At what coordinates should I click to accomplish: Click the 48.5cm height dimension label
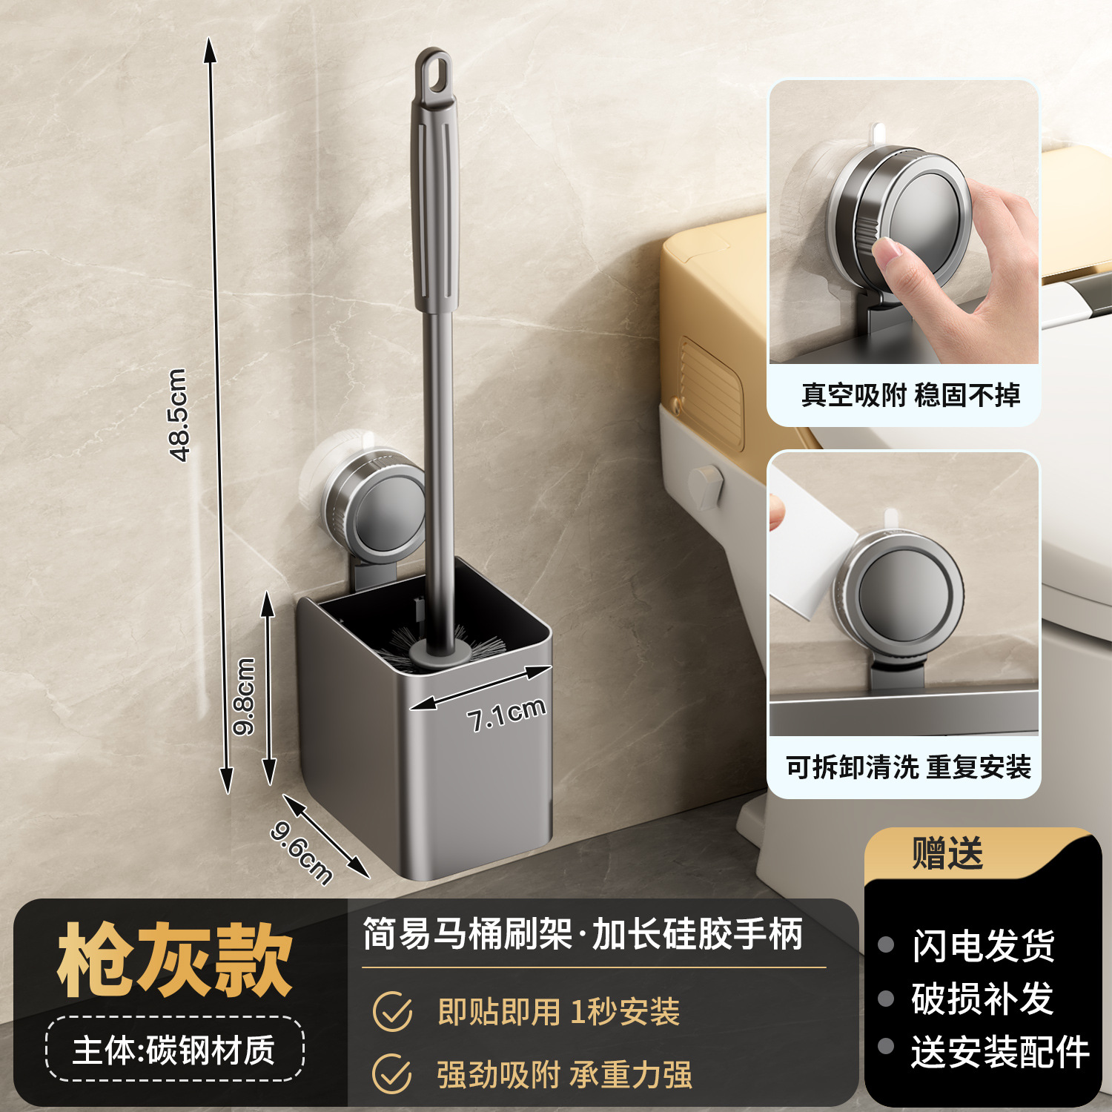(x=179, y=415)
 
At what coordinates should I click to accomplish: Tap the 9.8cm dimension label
(x=244, y=696)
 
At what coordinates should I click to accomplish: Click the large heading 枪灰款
(x=175, y=961)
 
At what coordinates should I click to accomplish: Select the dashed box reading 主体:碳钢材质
(x=175, y=1050)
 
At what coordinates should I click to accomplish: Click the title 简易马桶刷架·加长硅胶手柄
(x=583, y=934)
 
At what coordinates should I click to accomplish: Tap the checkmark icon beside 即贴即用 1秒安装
(x=392, y=1012)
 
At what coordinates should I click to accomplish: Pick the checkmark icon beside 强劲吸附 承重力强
(x=392, y=1073)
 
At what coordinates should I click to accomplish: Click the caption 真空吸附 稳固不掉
(x=910, y=395)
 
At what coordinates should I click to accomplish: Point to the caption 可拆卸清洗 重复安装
(x=909, y=767)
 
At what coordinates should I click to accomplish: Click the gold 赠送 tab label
(x=947, y=853)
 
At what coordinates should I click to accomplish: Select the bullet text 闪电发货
(x=983, y=946)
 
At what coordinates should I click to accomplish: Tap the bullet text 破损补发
(x=983, y=999)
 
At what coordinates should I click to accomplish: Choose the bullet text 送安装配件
(x=1000, y=1053)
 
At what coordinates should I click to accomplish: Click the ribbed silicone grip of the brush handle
(x=436, y=208)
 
